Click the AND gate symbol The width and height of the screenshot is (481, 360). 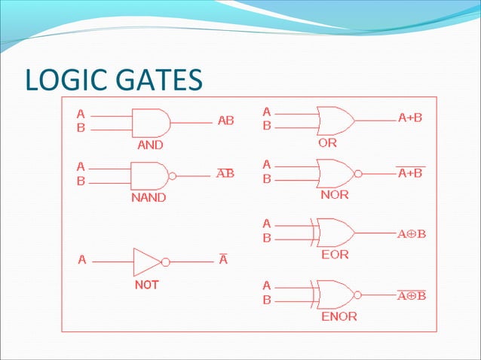[151, 121]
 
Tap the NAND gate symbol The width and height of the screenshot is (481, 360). [150, 175]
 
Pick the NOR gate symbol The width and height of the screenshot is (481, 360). [335, 172]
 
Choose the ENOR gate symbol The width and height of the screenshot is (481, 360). [335, 294]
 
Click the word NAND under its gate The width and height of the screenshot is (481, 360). [149, 198]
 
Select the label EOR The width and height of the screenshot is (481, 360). [334, 255]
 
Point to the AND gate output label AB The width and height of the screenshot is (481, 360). [225, 121]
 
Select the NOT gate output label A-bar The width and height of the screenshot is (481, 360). [223, 261]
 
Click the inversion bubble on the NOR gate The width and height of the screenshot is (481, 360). [358, 172]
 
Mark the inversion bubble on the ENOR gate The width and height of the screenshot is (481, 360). [358, 294]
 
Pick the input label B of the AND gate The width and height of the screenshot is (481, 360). [81, 128]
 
